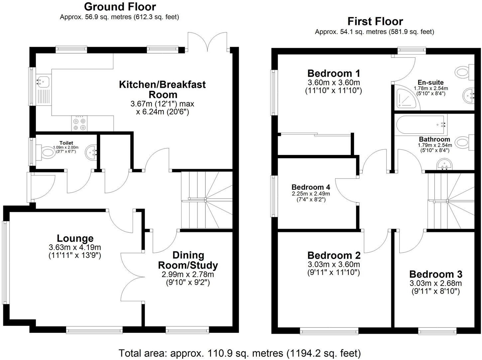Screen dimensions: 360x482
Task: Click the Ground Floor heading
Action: point(120,7)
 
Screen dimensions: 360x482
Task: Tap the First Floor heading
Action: point(375,21)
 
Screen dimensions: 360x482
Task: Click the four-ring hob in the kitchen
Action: point(79,123)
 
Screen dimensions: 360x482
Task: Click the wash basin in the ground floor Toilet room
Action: point(91,152)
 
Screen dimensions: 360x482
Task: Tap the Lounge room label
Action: point(75,238)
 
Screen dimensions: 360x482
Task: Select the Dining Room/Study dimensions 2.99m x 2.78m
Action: point(187,275)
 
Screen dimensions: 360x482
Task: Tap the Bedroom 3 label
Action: point(435,274)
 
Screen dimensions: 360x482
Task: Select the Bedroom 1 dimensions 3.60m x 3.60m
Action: point(333,82)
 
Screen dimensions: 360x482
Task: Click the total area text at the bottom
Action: point(239,352)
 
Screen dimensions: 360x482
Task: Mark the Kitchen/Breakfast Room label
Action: point(162,89)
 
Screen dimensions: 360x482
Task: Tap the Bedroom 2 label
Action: point(334,255)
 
